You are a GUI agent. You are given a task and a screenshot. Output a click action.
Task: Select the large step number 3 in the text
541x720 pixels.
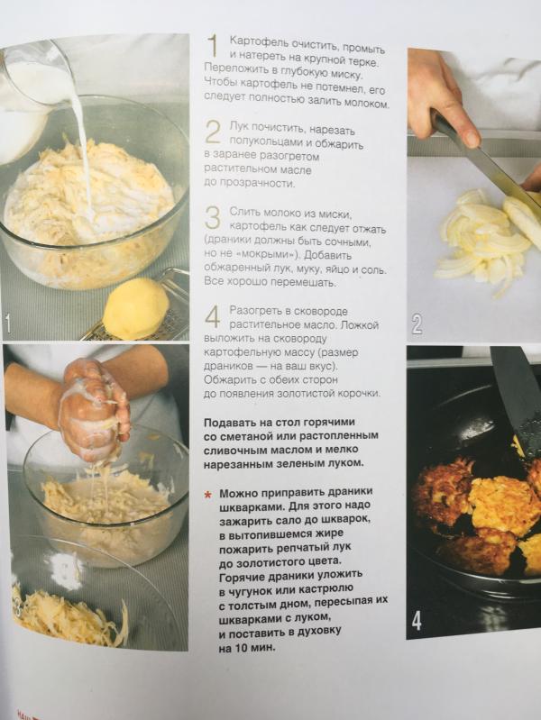point(212,217)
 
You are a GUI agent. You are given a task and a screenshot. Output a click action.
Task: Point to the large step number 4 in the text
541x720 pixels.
point(213,316)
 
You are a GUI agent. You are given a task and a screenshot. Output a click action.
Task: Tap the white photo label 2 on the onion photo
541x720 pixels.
point(416,324)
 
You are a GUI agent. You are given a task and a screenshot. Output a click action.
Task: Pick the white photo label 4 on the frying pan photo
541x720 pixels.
point(416,620)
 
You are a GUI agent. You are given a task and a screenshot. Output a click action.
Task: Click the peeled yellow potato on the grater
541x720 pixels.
point(136,307)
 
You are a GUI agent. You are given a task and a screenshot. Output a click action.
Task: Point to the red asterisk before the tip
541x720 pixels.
point(208,496)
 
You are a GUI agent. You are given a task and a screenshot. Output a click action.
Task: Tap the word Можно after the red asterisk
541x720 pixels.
point(240,494)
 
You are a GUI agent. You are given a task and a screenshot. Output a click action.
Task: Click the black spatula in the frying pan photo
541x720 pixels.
point(517,399)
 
